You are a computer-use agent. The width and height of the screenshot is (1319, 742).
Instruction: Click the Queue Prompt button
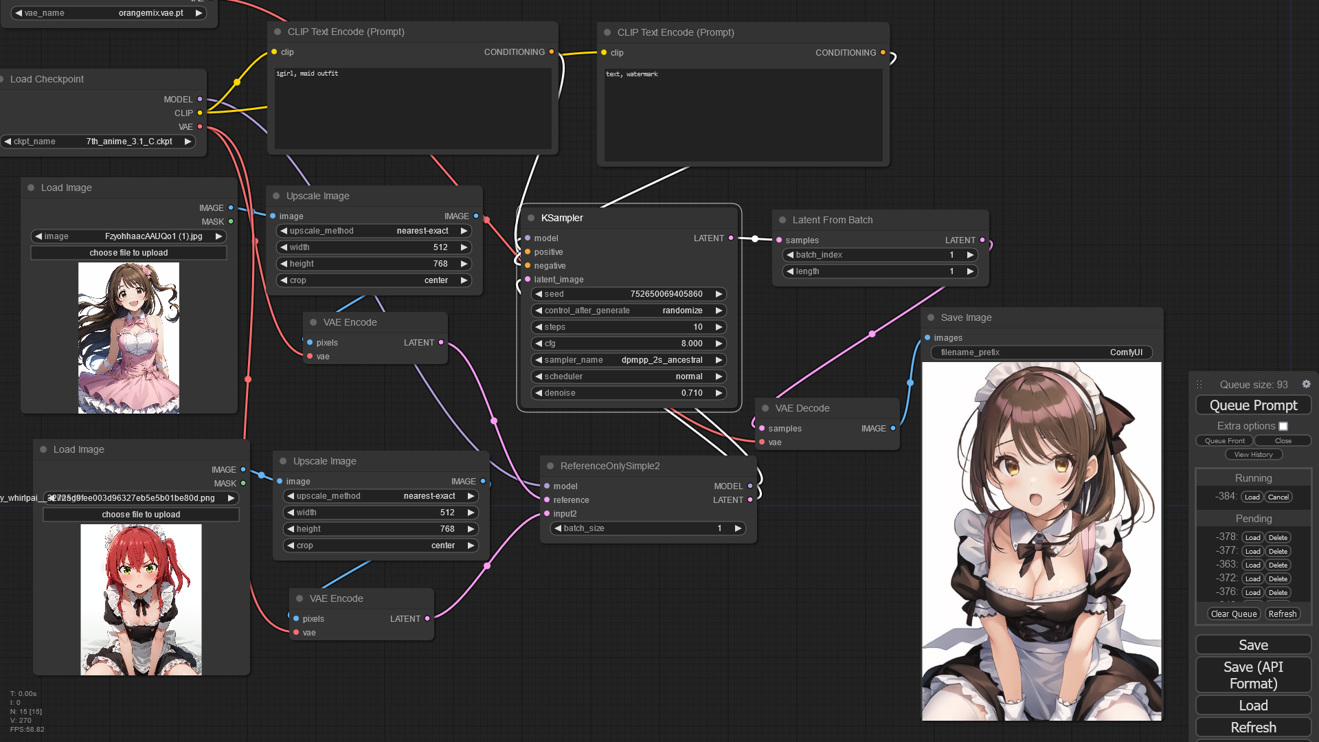click(x=1253, y=405)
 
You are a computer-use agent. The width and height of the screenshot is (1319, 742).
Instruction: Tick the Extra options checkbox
click(x=1283, y=426)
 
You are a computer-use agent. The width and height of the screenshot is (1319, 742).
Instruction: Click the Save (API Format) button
click(x=1253, y=675)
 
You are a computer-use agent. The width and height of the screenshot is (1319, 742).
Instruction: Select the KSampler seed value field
click(x=629, y=294)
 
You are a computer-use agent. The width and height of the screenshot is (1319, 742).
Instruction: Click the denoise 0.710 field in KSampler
click(x=629, y=393)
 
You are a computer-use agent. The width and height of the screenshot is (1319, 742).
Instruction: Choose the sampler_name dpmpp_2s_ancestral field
click(x=629, y=360)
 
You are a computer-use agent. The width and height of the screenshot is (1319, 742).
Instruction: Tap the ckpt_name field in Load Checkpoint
click(x=98, y=142)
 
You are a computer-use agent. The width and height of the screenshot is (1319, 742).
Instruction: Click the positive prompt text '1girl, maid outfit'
click(x=307, y=74)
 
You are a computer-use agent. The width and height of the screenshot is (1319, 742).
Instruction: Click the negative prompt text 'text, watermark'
click(x=631, y=74)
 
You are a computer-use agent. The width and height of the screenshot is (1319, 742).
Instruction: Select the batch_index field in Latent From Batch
click(x=880, y=255)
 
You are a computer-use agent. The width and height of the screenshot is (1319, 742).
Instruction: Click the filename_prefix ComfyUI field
click(x=1041, y=352)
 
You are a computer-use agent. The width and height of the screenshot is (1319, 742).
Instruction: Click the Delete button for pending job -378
click(x=1278, y=537)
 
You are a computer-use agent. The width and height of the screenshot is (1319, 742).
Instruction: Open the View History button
click(x=1253, y=454)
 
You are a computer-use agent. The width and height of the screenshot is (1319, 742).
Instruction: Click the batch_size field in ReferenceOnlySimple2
click(x=648, y=528)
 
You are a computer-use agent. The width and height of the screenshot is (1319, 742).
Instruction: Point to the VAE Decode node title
click(x=802, y=408)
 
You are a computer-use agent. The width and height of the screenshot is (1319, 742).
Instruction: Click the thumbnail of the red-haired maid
click(x=141, y=599)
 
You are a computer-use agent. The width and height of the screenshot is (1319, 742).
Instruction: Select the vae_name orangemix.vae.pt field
click(x=109, y=13)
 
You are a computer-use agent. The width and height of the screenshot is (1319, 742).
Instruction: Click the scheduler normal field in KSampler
click(x=629, y=376)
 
